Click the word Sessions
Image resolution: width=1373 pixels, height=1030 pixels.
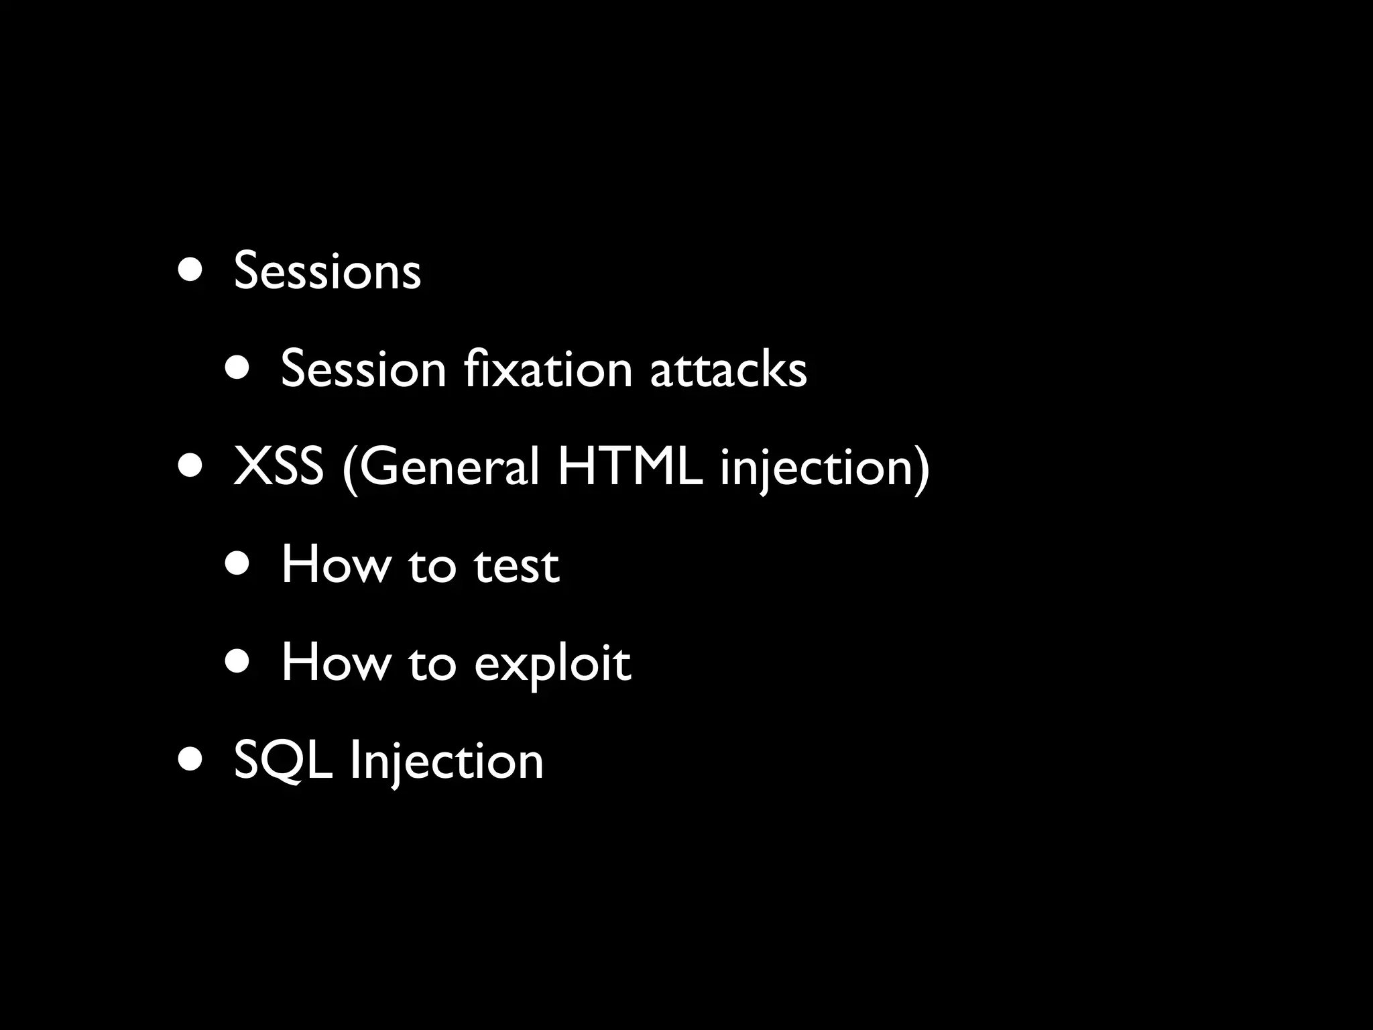[x=327, y=271]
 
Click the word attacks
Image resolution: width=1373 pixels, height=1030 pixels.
[x=728, y=369]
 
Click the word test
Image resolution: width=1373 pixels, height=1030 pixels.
[x=516, y=565]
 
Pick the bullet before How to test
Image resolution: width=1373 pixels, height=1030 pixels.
[x=238, y=565]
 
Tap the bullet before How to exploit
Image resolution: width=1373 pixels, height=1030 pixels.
[x=238, y=663]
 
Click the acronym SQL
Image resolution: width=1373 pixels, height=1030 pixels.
[x=283, y=762]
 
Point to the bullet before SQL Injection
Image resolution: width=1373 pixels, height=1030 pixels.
[x=190, y=760]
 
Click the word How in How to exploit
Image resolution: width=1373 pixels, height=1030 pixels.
[x=336, y=663]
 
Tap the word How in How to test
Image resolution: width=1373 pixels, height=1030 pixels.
[x=336, y=565]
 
